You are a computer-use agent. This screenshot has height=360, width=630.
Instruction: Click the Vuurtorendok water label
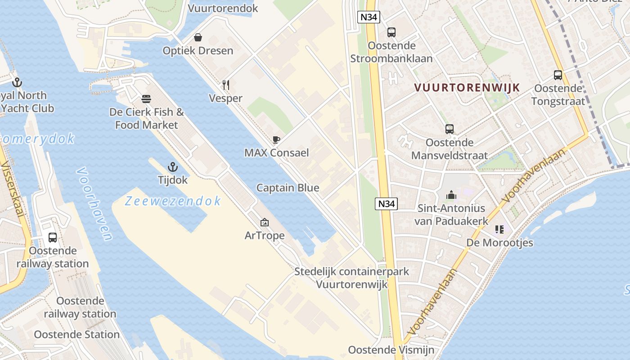click(223, 8)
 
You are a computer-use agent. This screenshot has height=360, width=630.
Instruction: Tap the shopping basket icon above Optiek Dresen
click(198, 37)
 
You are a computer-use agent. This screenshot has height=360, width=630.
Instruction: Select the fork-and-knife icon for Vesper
click(226, 85)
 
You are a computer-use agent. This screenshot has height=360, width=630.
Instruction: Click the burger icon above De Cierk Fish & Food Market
click(146, 98)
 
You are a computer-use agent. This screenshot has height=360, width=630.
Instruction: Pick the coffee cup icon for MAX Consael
click(276, 139)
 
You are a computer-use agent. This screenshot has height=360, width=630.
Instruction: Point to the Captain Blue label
click(288, 188)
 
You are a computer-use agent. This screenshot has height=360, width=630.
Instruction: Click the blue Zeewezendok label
click(173, 201)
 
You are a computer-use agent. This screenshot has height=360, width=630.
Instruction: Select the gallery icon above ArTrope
click(265, 222)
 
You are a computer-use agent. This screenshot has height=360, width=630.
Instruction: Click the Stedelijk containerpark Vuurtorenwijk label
click(352, 278)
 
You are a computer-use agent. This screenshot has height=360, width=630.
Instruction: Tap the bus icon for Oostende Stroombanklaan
click(391, 32)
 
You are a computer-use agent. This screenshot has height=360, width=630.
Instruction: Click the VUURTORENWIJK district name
click(467, 88)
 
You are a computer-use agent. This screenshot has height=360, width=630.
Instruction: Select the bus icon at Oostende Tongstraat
click(558, 75)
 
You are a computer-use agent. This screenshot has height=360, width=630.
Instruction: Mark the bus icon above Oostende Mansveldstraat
click(450, 129)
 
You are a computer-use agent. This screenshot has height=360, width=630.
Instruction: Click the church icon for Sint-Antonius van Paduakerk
click(451, 195)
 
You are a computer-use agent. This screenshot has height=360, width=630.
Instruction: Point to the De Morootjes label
click(499, 243)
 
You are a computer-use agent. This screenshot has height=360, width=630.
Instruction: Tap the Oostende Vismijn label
click(391, 350)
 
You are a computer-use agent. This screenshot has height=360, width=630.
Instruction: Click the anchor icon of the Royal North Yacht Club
click(17, 82)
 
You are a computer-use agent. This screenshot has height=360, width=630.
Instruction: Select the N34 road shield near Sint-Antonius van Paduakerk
click(386, 204)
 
